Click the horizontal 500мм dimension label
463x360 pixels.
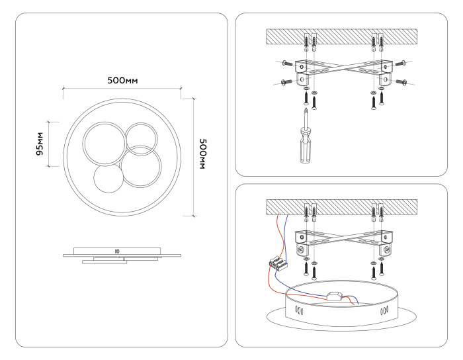pyautogui.click(x=122, y=81)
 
